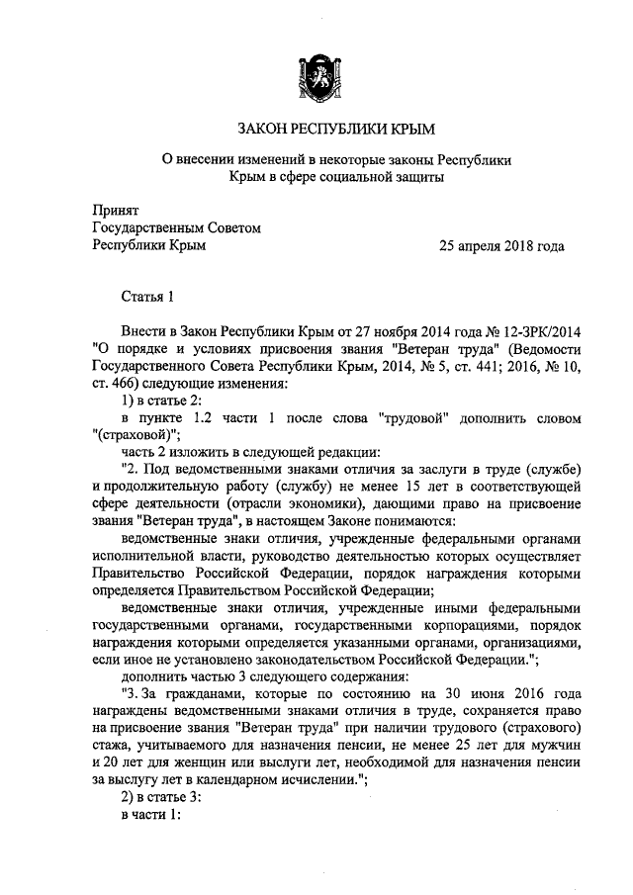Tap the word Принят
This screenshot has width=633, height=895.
115,212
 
